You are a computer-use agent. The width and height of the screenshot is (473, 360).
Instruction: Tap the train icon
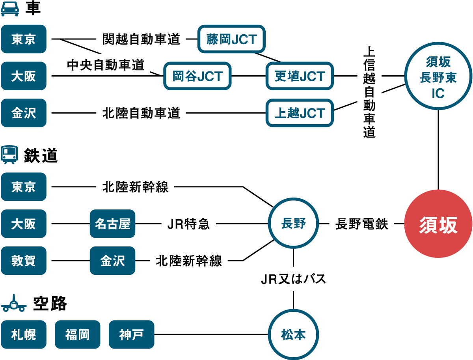(x=10, y=154)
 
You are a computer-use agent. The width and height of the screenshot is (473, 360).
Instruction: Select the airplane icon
(x=14, y=304)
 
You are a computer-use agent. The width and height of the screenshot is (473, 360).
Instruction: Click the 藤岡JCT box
(x=231, y=39)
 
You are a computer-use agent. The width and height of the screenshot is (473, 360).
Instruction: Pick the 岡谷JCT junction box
(x=197, y=76)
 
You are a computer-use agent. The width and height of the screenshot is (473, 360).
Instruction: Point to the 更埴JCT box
(x=300, y=76)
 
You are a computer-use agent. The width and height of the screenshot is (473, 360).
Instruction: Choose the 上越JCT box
(x=300, y=113)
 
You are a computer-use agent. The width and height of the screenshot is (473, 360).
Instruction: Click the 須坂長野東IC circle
(x=438, y=78)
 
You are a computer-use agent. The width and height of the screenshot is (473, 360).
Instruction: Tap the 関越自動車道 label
(x=141, y=39)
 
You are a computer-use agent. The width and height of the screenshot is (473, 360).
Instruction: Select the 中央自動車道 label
(x=105, y=65)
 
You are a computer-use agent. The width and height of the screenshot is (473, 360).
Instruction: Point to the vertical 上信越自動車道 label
(x=369, y=92)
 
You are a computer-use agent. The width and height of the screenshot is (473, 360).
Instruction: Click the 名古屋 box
(x=112, y=224)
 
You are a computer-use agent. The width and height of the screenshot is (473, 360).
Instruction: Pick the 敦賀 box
(x=24, y=261)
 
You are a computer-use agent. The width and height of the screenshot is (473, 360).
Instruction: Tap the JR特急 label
(x=188, y=224)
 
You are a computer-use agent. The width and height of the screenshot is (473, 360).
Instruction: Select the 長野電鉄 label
(x=361, y=224)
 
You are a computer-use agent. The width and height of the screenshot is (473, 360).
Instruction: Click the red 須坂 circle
(x=438, y=225)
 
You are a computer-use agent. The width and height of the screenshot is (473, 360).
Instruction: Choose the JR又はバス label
(x=293, y=279)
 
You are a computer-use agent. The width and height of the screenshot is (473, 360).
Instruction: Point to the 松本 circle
(x=293, y=334)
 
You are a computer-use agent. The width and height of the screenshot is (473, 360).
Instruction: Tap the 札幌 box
(x=24, y=335)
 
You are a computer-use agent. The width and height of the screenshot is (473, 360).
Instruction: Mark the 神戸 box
(x=131, y=335)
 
